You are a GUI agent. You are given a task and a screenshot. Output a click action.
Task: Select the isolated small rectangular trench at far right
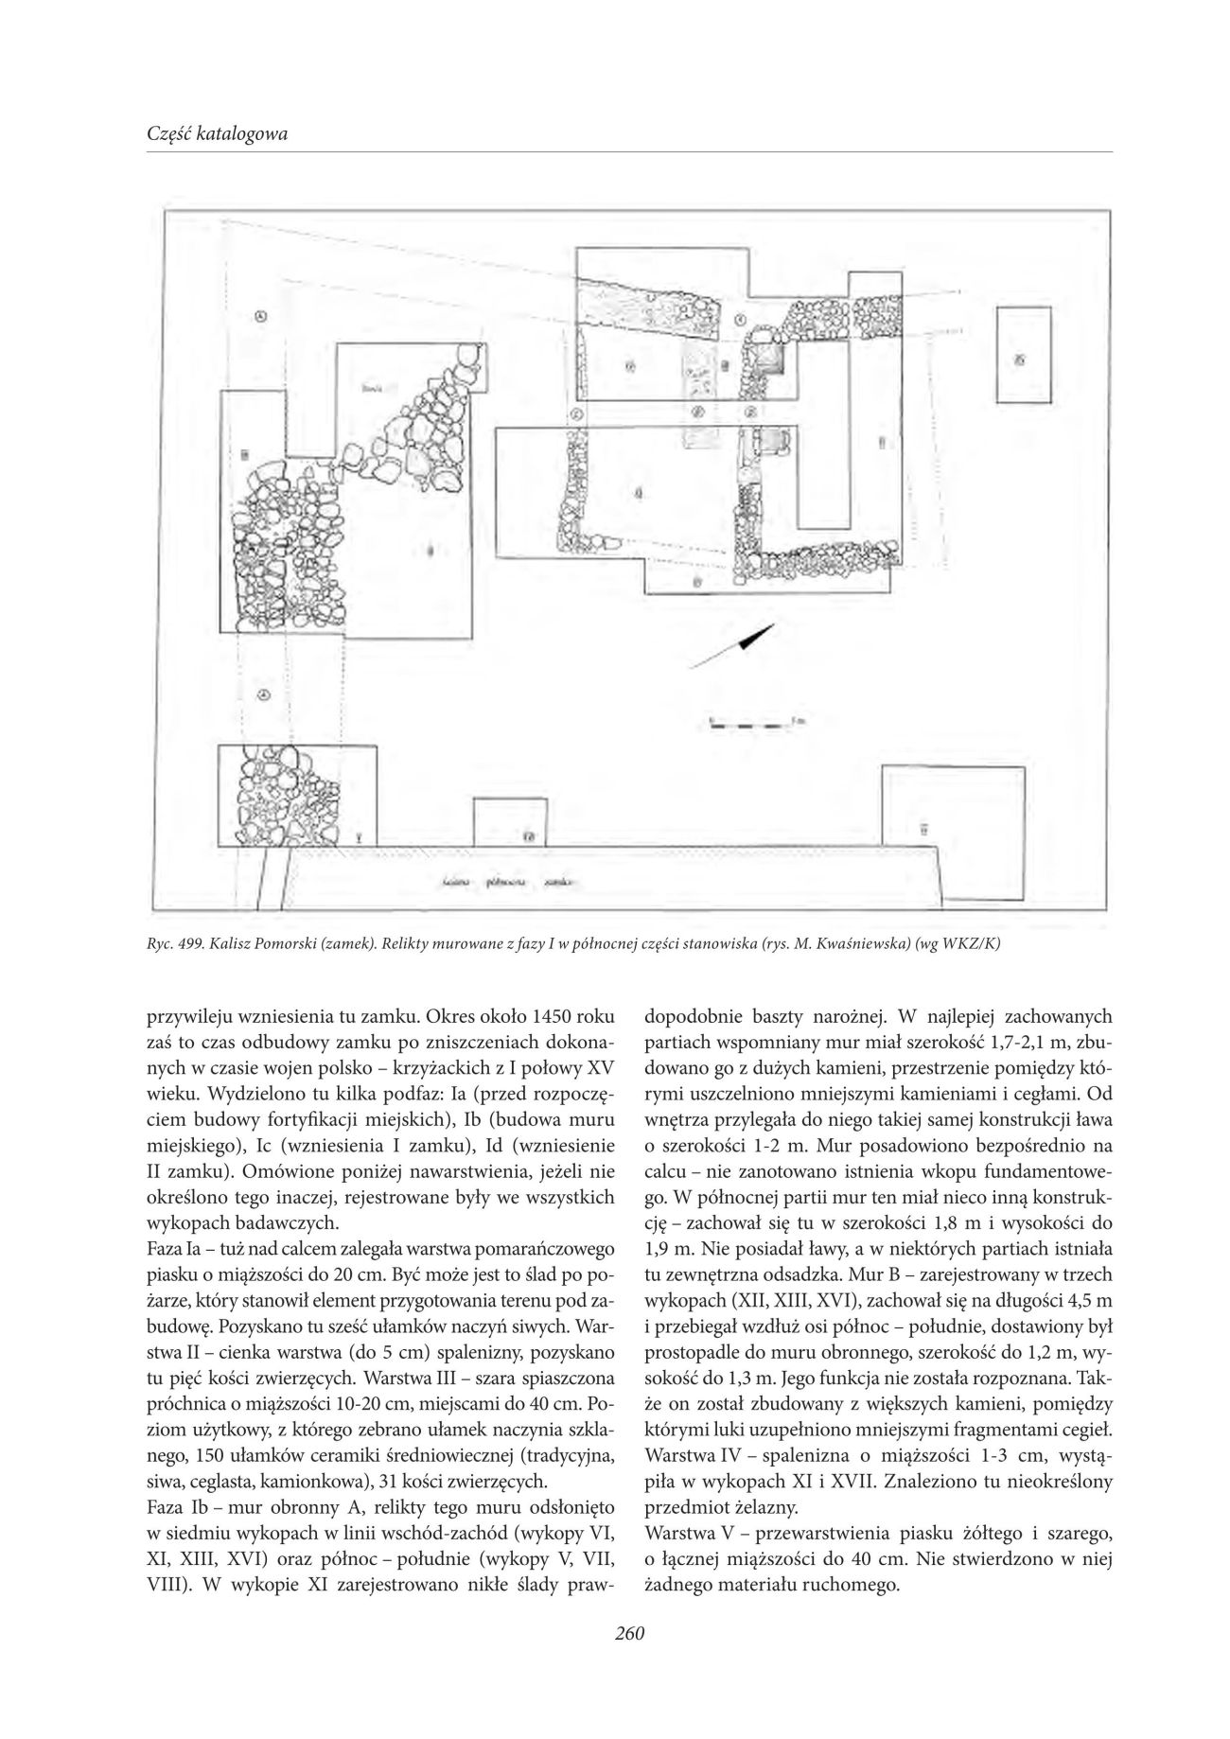[x=1023, y=358]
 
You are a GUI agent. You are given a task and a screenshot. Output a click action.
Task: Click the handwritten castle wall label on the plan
[x=512, y=883]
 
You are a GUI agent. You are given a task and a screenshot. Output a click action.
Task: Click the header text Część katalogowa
[x=218, y=134]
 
